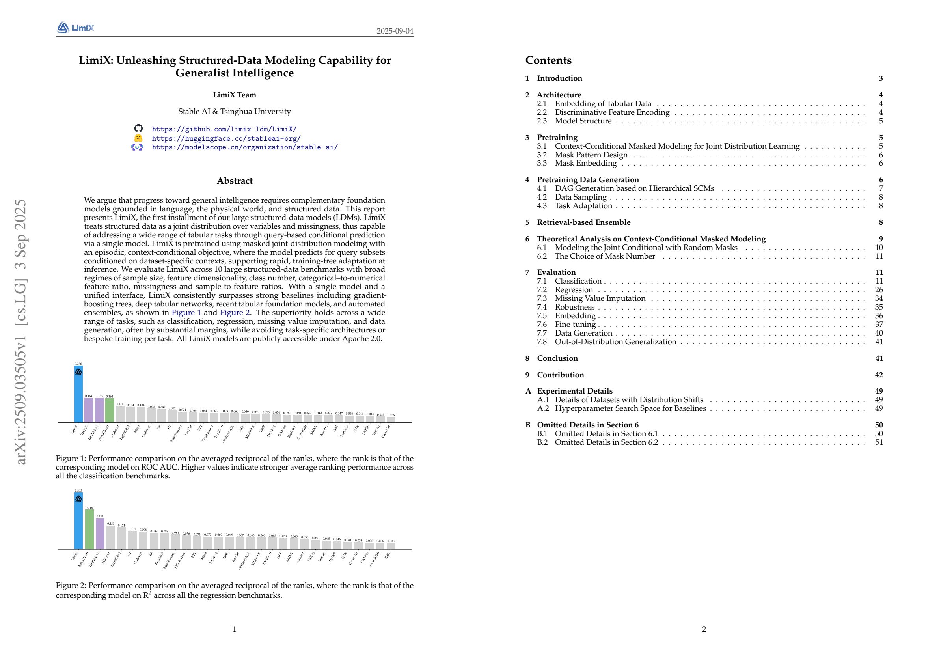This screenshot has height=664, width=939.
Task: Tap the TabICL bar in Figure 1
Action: tap(89, 410)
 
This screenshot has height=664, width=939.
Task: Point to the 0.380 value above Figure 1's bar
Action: tap(78, 364)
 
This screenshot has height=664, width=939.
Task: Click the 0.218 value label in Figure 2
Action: tap(89, 508)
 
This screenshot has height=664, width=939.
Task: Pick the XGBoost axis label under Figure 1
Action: tap(115, 432)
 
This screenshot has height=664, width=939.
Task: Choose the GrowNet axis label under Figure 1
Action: tap(386, 431)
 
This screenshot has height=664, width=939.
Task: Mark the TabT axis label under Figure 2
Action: tap(387, 555)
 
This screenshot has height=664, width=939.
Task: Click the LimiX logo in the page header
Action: tap(76, 28)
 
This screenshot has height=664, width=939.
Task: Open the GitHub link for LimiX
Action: tap(224, 129)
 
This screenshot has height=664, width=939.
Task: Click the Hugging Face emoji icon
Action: tap(139, 138)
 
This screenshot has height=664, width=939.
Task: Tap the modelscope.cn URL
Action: tap(244, 147)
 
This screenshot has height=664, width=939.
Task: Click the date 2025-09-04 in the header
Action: tap(395, 31)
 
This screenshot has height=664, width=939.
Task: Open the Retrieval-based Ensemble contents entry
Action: tap(583, 222)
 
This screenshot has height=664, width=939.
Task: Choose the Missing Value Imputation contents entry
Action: tap(600, 298)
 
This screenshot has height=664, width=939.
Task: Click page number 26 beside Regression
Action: tap(878, 290)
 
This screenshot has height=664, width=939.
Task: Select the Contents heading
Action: tap(548, 60)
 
